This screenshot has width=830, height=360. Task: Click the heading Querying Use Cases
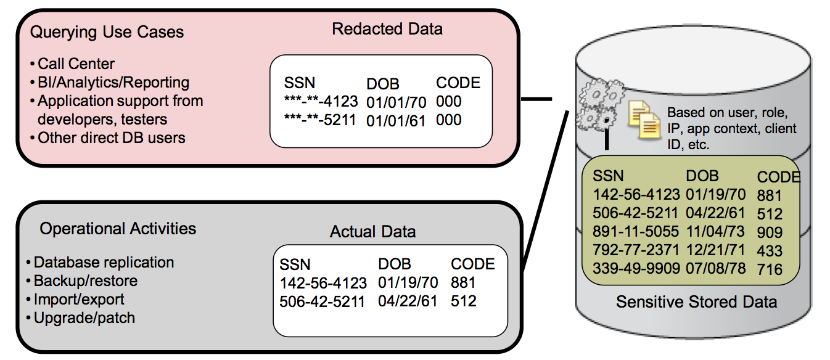click(x=107, y=32)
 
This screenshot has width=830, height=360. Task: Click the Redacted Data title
click(x=387, y=29)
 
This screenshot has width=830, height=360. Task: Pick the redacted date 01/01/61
click(x=396, y=121)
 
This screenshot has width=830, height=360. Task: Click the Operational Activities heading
click(x=118, y=229)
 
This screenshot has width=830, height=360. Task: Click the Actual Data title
click(x=372, y=232)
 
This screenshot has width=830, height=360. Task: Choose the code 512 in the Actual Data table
click(x=463, y=302)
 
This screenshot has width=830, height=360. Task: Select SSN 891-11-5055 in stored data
click(x=636, y=232)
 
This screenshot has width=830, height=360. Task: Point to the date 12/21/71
click(x=715, y=251)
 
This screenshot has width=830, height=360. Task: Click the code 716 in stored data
click(x=770, y=270)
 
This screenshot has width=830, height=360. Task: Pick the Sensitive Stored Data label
click(x=696, y=302)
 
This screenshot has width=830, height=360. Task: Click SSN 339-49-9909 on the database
click(x=636, y=269)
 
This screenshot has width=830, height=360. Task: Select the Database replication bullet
click(x=104, y=263)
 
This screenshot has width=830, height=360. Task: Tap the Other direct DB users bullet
click(x=111, y=138)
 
